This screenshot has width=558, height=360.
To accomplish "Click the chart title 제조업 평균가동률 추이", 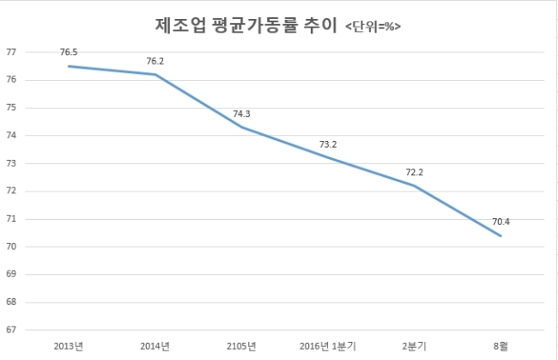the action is click(x=246, y=26).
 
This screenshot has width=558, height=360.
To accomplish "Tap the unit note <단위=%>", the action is click(x=373, y=27).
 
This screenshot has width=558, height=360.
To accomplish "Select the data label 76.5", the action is click(x=69, y=52).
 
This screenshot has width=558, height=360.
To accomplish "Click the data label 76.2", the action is click(x=155, y=61).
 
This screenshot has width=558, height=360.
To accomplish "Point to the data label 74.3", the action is click(x=241, y=114).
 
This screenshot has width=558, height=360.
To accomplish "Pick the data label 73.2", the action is click(x=328, y=144).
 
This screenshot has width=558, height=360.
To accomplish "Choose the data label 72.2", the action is click(x=415, y=173).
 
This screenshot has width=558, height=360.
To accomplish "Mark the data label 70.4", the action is click(x=501, y=222).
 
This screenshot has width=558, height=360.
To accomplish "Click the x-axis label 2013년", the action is click(x=69, y=346).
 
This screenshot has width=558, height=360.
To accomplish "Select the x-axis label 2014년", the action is click(x=155, y=346).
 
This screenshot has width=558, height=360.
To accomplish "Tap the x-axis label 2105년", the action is click(x=241, y=346).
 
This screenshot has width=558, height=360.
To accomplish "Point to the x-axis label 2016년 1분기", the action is click(x=328, y=346).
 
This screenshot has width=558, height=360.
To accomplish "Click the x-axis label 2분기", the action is click(x=415, y=346).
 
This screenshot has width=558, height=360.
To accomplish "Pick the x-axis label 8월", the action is click(x=501, y=346).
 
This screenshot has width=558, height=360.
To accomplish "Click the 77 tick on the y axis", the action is click(x=11, y=52).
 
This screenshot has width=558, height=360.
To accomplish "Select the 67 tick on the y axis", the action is click(x=11, y=330).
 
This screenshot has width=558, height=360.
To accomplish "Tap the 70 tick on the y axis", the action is click(x=11, y=247).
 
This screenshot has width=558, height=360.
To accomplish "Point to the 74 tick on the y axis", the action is click(x=11, y=135).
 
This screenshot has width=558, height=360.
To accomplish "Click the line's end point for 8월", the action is click(x=500, y=235).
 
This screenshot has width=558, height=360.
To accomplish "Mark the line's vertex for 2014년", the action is click(x=155, y=75).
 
